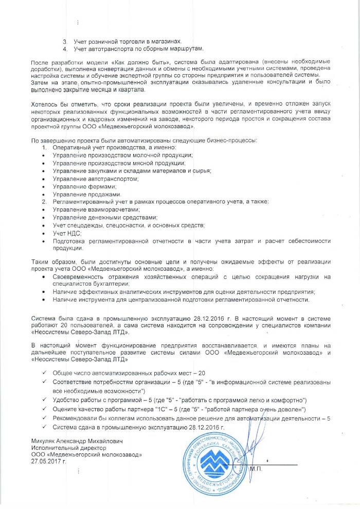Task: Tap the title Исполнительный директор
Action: [x=63, y=448]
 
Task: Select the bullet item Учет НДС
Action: [x=64, y=233]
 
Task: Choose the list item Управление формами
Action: [x=78, y=186]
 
